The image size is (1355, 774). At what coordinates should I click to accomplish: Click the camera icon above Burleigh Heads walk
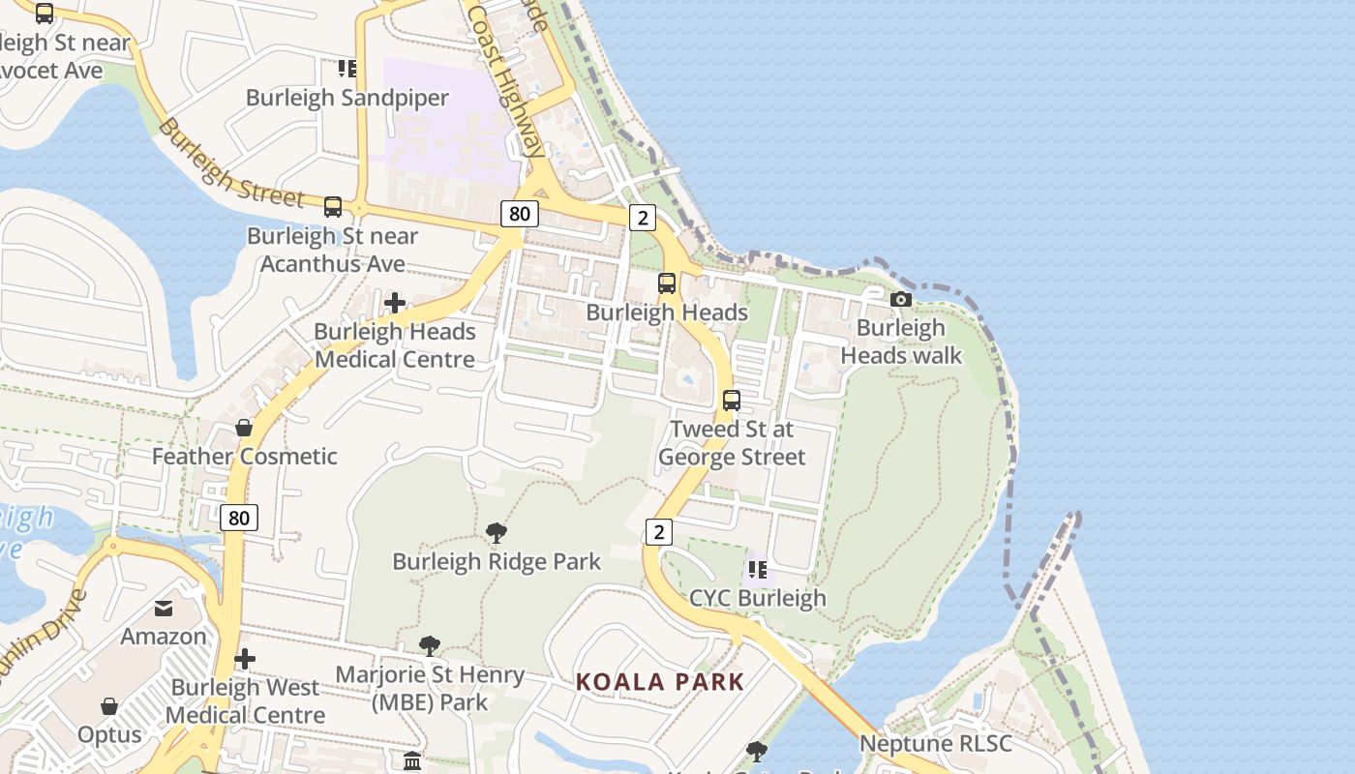[x=901, y=300]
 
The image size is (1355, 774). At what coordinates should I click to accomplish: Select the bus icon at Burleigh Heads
[x=667, y=283]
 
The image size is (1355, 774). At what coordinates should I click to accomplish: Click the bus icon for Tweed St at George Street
[x=732, y=400]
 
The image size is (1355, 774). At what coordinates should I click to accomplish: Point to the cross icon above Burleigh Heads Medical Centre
[x=395, y=303]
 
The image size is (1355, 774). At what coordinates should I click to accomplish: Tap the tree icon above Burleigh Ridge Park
[x=497, y=533]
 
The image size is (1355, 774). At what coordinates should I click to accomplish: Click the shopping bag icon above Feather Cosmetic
[x=244, y=428]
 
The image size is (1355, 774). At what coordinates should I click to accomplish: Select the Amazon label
[x=164, y=637]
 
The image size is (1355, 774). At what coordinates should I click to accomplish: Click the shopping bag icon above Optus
[x=109, y=706]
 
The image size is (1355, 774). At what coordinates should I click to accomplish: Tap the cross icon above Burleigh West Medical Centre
[x=245, y=659]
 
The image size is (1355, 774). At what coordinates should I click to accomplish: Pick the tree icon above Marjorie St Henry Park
[x=430, y=645]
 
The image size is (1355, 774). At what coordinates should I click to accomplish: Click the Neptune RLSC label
[x=936, y=744]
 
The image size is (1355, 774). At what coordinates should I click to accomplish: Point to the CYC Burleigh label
[x=757, y=598]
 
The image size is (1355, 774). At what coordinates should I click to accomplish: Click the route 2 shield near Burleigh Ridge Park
[x=659, y=531]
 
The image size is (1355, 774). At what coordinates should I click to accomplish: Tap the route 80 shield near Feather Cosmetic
[x=239, y=518]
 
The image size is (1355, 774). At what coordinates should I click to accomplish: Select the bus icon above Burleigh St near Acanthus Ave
[x=333, y=207]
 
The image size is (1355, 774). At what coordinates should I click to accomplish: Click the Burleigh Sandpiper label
[x=347, y=98]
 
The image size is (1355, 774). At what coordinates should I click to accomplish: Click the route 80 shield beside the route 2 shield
[x=520, y=214]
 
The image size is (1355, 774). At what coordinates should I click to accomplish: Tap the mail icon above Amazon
[x=164, y=609]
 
